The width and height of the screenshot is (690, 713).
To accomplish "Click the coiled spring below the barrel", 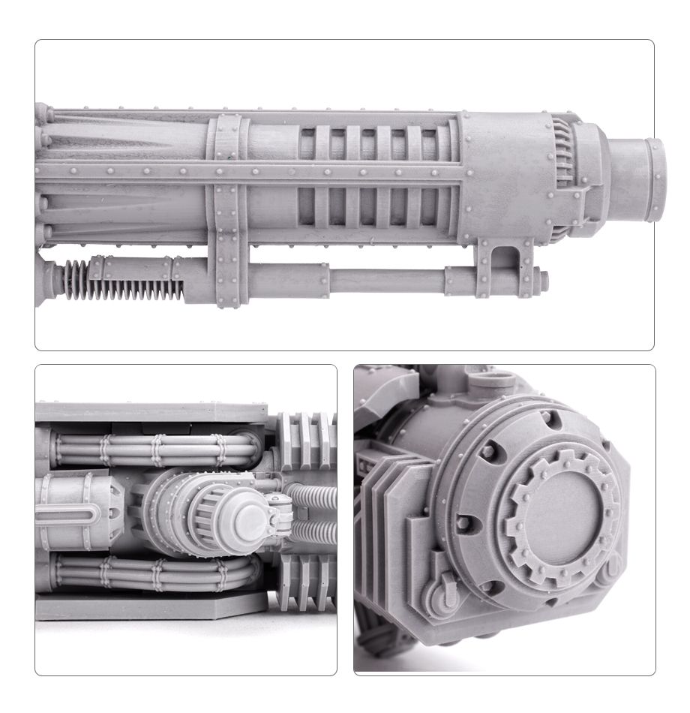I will [120, 282].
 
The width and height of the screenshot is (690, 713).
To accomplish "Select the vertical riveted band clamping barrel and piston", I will [227, 210].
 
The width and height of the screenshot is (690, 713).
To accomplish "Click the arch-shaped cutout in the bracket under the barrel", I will [508, 254].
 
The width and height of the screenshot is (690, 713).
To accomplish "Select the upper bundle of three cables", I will [150, 450].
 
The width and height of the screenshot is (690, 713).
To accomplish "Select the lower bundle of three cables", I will [150, 575].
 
